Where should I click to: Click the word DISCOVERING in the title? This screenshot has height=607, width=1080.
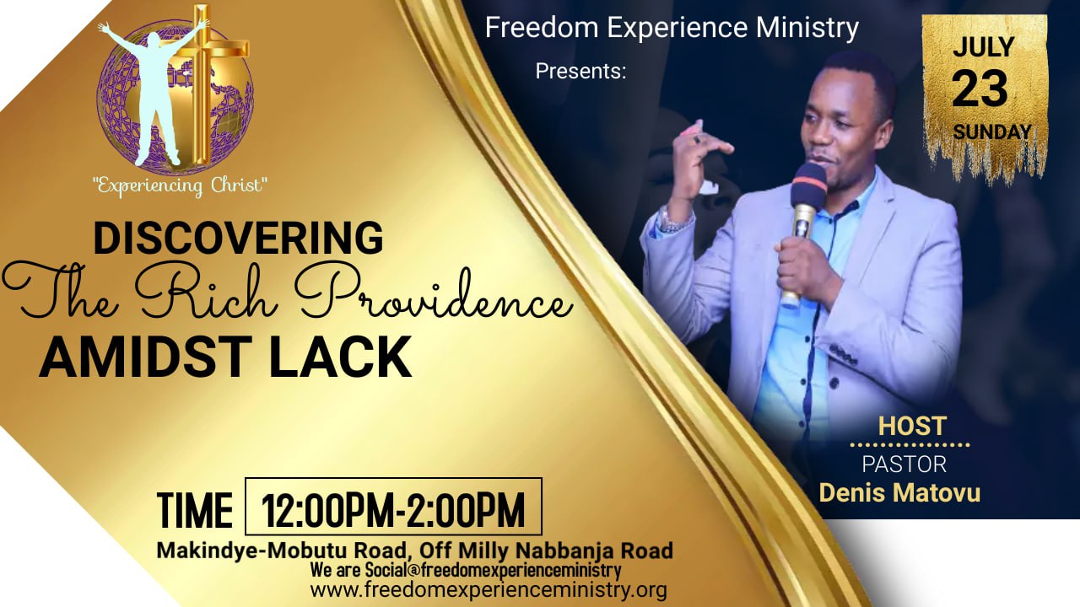(238, 238)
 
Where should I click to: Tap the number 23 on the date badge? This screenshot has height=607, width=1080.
(980, 89)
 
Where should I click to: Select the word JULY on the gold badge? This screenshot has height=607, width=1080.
(984, 47)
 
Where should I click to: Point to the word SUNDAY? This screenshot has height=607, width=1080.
(991, 132)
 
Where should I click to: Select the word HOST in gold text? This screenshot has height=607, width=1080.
(912, 426)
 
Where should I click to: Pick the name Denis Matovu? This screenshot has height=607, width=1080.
(899, 493)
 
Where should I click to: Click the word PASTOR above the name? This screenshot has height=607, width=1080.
(904, 465)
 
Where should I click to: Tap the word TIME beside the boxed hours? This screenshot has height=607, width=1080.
(194, 510)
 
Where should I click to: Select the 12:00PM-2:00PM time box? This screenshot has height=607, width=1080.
(393, 507)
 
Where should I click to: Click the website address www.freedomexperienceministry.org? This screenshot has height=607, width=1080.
(489, 590)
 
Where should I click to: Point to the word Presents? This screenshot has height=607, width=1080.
(580, 72)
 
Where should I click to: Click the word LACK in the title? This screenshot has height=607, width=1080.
(340, 357)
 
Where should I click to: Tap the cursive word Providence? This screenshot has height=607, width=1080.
(434, 296)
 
